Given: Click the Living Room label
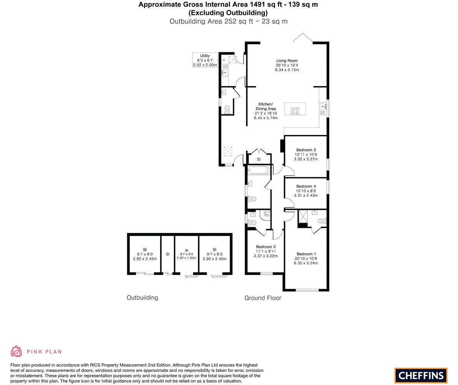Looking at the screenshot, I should (287, 61).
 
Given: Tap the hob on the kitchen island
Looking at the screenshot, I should (295, 111).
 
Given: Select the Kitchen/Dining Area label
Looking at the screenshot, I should (266, 107).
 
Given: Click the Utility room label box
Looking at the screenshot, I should (205, 60).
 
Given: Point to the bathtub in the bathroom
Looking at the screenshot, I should (259, 170).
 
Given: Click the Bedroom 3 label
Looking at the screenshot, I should (306, 150).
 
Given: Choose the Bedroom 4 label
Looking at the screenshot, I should (306, 187).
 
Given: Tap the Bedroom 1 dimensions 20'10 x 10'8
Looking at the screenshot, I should (306, 258).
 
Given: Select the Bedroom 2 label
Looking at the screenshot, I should (266, 247).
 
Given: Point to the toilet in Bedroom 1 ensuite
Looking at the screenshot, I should (322, 221).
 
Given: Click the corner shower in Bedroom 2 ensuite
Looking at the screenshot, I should (265, 215).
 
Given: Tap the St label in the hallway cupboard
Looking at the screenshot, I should (259, 159).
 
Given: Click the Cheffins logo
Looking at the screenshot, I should (421, 375).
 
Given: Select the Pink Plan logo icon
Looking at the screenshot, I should (16, 351).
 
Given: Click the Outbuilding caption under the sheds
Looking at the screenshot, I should (142, 298).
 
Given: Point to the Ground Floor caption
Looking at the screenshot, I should (263, 298).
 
